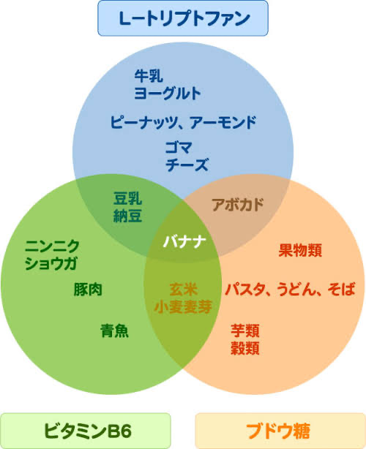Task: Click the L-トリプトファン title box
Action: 183,18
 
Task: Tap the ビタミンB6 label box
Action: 86,431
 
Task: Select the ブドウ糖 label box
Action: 280,431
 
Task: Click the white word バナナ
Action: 184,241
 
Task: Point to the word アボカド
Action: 238,205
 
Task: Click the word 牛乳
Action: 149,76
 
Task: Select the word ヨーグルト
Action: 168,93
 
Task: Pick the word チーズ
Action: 187,165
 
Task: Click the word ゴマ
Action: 179,148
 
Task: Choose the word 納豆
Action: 127,216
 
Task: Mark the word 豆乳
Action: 127,198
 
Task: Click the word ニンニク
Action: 52,246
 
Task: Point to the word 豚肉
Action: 88,289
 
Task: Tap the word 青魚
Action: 114,331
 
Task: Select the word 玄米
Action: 184,289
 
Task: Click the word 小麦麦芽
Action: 183,306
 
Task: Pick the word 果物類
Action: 300,250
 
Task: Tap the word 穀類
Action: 245,349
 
